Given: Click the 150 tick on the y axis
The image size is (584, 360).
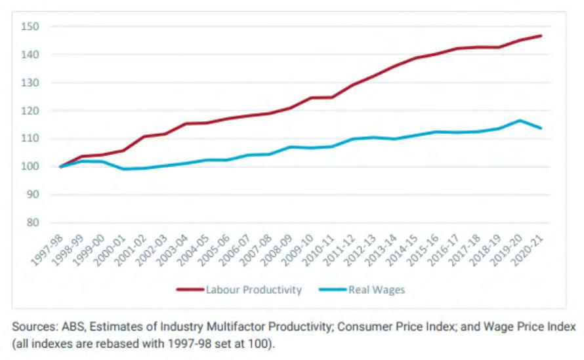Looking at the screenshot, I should tap(31, 27).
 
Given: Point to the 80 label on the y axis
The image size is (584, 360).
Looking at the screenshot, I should tap(33, 223).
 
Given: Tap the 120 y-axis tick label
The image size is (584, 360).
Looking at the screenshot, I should tap(31, 111).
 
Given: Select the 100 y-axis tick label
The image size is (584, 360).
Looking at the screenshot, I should tap(31, 167).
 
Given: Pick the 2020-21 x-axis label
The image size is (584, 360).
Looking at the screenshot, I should tap(530, 250).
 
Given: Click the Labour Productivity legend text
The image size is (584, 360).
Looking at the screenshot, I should tap(253, 290).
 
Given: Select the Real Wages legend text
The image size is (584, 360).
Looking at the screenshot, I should tap(377, 290).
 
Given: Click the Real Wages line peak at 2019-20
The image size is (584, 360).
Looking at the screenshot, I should tap(520, 121).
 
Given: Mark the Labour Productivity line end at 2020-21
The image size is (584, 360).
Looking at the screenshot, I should tap(541, 35).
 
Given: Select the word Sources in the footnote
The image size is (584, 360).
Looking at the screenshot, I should tap(32, 327).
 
